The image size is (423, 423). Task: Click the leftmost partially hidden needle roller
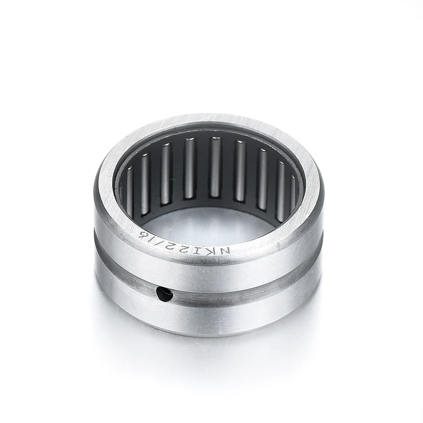coord(129,186)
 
